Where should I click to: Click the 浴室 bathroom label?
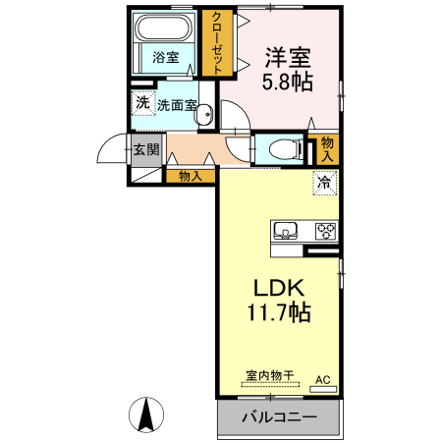point(165,57)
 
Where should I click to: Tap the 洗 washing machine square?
point(142,103)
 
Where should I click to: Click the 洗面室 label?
point(178,104)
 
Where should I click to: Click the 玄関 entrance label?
point(146,149)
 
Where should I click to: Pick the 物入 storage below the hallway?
point(191,176)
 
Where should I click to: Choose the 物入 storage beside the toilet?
point(327,149)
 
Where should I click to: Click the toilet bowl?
point(282,149)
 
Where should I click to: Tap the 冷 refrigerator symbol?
point(325,182)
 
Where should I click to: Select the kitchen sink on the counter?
point(286,232)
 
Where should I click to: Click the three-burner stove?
point(325,232)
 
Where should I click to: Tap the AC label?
point(322,379)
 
